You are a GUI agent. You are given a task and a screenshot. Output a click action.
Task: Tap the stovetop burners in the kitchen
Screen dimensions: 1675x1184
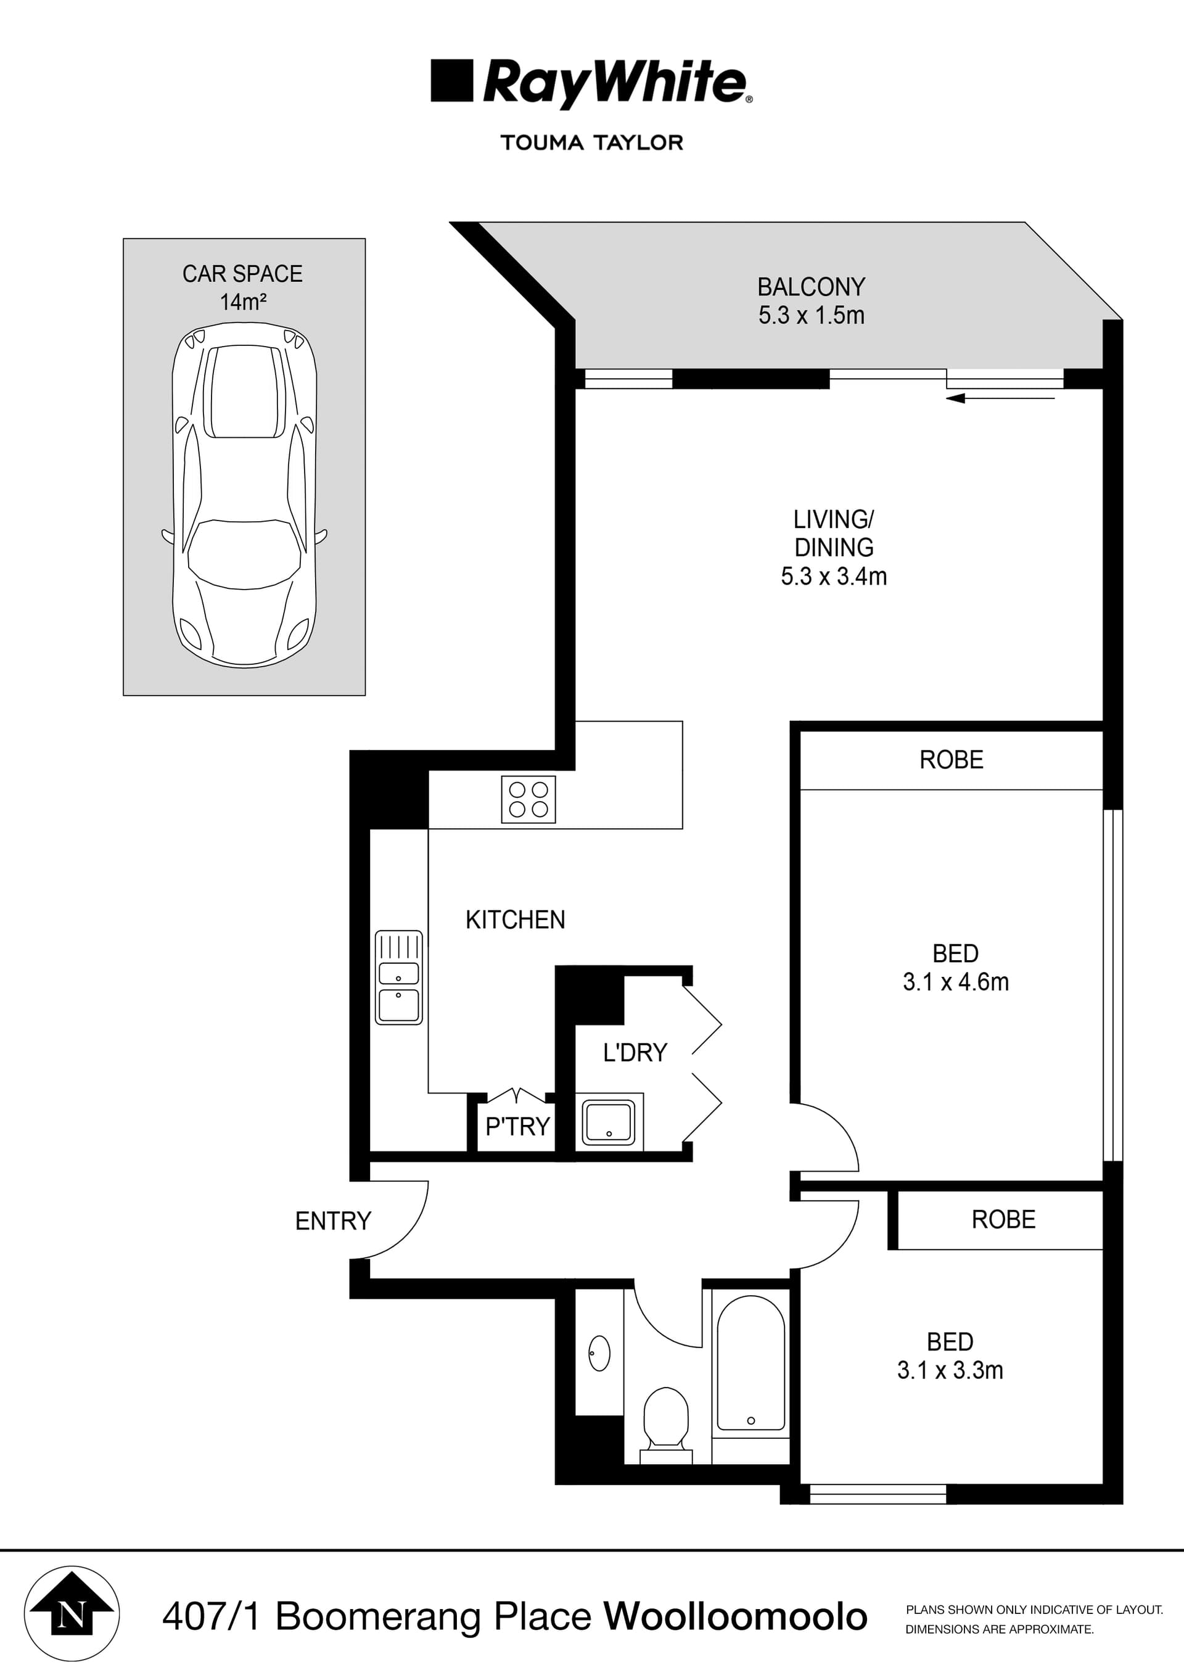528,799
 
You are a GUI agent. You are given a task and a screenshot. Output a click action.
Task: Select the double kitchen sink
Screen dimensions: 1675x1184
398,977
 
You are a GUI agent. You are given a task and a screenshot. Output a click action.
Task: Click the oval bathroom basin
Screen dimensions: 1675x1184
599,1353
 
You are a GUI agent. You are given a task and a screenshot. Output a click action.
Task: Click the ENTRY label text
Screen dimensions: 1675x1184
332,1220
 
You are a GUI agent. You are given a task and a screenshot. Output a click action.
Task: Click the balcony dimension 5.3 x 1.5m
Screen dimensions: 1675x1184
811,315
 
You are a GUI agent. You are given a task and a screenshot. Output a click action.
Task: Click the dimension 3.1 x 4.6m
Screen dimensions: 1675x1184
955,982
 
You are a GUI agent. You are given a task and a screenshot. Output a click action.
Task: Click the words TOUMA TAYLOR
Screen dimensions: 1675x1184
591,142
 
